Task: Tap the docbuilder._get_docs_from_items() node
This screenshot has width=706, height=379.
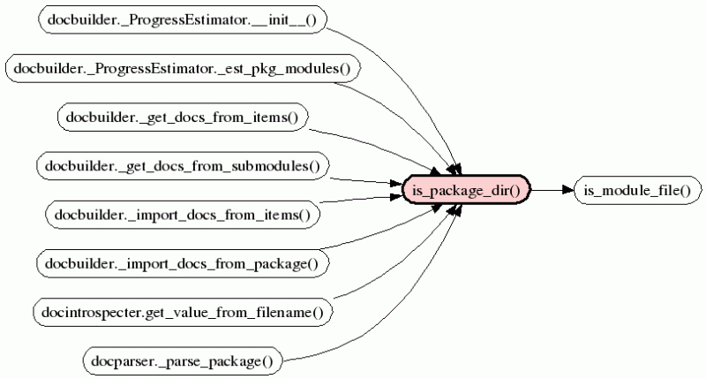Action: tap(182, 117)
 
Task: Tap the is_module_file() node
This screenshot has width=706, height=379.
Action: tap(636, 189)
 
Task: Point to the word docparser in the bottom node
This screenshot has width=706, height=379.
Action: tap(119, 360)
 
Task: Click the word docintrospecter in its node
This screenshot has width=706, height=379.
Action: tap(85, 311)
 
